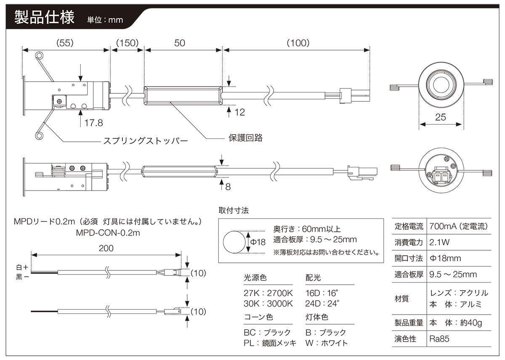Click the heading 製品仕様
click(x=44, y=19)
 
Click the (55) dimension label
click(x=65, y=43)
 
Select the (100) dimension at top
click(x=298, y=43)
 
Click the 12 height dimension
click(x=240, y=112)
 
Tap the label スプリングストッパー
click(x=146, y=140)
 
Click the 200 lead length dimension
click(x=106, y=248)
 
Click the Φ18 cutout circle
click(x=234, y=242)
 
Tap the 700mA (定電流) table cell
click(x=458, y=226)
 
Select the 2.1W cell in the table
click(x=440, y=242)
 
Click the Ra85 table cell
click(x=440, y=339)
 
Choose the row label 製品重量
click(x=409, y=323)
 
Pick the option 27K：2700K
click(x=268, y=293)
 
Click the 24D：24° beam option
click(x=322, y=303)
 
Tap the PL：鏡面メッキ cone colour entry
click(x=270, y=343)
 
